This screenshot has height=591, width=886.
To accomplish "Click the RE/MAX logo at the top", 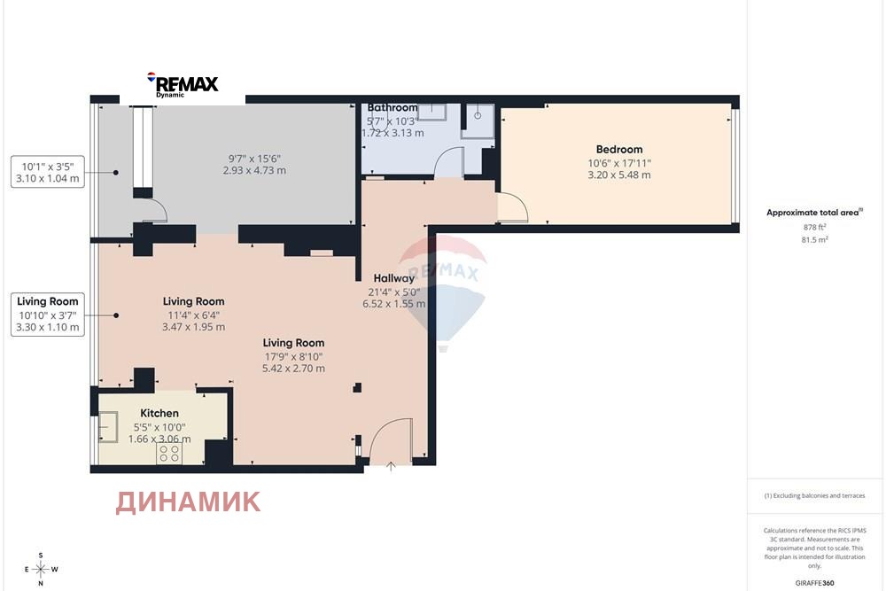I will tap(184, 85).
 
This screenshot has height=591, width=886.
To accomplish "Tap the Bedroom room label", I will tap(619, 149).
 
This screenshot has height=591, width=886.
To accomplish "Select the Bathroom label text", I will tap(392, 108).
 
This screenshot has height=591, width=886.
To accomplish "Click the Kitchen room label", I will tap(159, 413).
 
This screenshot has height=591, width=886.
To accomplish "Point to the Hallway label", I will tap(394, 278).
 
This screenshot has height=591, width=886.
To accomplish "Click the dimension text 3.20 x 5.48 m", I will tap(618, 175).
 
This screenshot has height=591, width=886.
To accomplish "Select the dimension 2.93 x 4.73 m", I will tap(254, 170).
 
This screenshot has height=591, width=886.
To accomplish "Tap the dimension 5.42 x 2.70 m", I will tap(293, 368).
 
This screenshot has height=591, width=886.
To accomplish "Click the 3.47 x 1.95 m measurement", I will tap(193, 326).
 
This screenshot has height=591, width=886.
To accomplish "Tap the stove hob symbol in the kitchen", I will tap(168, 454).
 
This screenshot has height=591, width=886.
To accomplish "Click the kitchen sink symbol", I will tap(113, 429).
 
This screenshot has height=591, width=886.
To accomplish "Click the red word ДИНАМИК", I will tap(188, 502).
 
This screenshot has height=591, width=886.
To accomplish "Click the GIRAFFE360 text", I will tap(815, 582).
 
